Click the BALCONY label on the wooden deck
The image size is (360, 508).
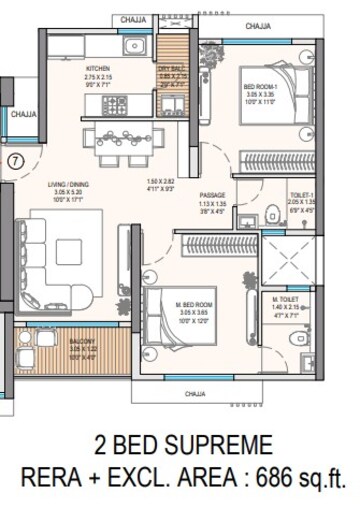(82, 341)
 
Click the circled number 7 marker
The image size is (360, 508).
(16, 158)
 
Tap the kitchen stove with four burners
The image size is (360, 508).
(108, 136)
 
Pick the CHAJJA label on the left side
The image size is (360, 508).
(23, 115)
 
